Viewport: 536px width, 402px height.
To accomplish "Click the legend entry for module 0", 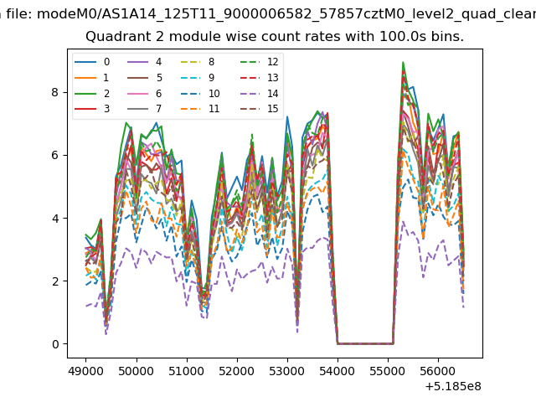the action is (92, 62).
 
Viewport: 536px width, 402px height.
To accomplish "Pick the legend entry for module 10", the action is (199, 93).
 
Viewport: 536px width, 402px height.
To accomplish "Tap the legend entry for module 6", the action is (145, 93).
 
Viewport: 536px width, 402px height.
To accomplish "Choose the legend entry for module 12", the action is (259, 62).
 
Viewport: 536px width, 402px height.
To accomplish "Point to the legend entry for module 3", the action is (92, 109).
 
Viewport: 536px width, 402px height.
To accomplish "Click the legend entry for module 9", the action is (198, 78).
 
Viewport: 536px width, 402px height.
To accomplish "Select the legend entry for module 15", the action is (259, 109).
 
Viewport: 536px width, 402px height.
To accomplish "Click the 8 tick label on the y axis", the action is (55, 92).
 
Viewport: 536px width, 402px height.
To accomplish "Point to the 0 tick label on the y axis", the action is (55, 344).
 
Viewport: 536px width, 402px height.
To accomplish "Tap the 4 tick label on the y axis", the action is (55, 218).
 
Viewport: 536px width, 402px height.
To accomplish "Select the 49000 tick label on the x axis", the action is (85, 371).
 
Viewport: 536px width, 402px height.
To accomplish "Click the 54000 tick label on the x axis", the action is (338, 371).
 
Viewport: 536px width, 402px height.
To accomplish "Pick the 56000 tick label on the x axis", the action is (438, 371).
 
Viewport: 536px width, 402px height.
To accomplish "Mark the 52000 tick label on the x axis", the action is (237, 371).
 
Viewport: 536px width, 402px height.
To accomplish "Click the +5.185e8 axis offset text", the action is (453, 386).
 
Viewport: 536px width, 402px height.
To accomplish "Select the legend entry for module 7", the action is (145, 109).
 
